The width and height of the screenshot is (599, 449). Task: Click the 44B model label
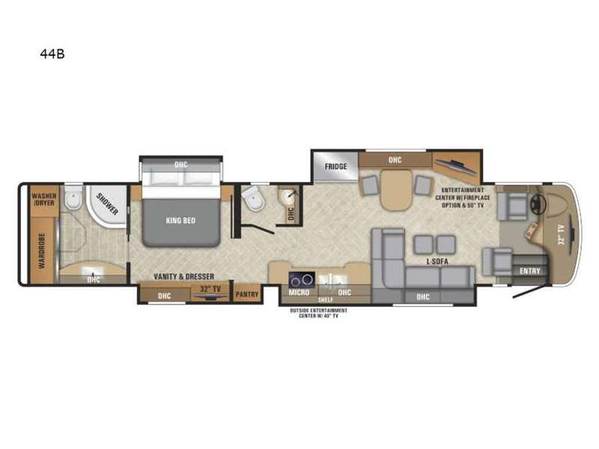[52, 54]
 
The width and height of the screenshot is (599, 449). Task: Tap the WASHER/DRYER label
[44, 199]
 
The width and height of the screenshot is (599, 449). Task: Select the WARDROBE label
[42, 251]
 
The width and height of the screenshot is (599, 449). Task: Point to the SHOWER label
[107, 204]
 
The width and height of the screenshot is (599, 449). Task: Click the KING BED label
[180, 220]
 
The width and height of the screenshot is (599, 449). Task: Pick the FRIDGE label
[335, 166]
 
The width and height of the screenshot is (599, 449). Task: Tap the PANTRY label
[247, 294]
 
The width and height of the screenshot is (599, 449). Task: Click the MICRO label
[299, 293]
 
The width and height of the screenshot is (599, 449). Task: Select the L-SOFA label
[437, 261]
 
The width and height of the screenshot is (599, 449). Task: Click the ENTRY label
[530, 271]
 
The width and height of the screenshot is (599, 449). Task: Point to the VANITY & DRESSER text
[183, 276]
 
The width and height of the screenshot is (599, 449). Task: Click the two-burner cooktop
[302, 280]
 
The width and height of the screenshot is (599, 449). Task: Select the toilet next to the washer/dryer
[73, 198]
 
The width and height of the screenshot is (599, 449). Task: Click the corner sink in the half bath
[287, 196]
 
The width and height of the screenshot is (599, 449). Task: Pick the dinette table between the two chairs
[397, 189]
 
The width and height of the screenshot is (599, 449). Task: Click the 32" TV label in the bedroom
[210, 289]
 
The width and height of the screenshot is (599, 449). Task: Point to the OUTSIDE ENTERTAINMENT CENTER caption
[319, 313]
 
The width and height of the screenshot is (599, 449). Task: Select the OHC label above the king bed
[181, 165]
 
